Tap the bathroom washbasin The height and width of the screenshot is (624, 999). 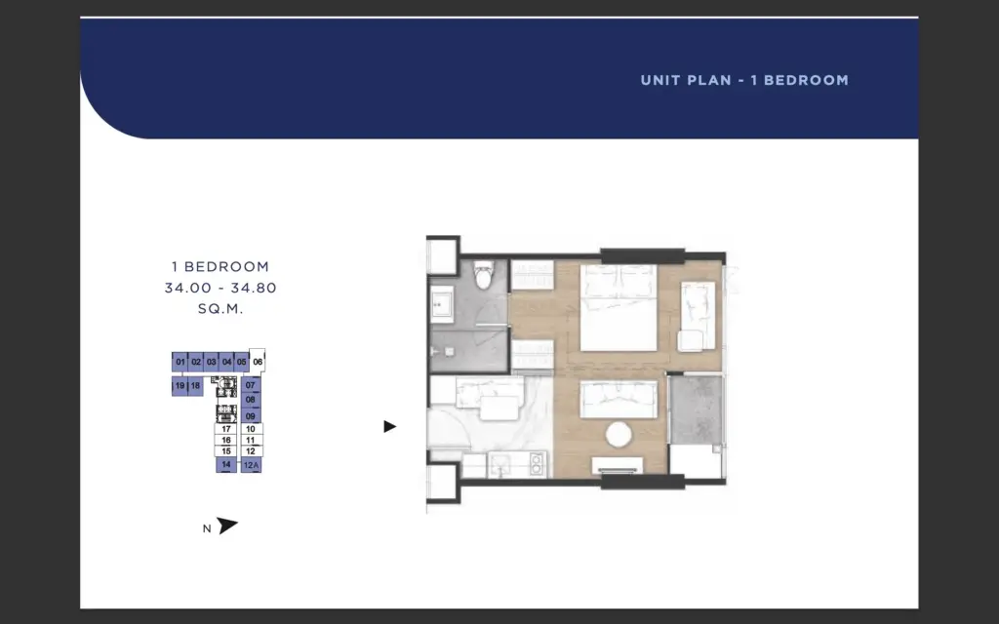coord(442,304)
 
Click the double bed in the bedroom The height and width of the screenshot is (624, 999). coord(618,307)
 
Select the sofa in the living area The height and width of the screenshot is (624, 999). coord(618,399)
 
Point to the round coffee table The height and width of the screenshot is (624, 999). coord(618,435)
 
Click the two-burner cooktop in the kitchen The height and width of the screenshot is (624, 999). coord(537,465)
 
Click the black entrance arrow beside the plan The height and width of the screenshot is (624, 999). coord(390,427)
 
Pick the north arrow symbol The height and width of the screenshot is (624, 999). coord(226,526)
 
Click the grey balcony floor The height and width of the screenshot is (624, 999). coord(696,409)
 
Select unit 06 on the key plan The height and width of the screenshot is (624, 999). coord(258,361)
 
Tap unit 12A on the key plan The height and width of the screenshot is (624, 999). coord(251,465)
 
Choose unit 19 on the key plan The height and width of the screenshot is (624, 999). coord(180,386)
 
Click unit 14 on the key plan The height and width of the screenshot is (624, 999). coord(226,465)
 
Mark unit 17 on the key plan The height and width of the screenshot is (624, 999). coord(225,429)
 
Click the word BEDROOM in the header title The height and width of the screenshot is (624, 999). coord(806,80)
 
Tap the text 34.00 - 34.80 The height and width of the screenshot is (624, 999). coord(220,288)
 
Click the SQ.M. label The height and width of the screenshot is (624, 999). coord(220,309)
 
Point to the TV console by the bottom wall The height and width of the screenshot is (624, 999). coord(618,465)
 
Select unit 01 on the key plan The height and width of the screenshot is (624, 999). coord(180,362)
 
